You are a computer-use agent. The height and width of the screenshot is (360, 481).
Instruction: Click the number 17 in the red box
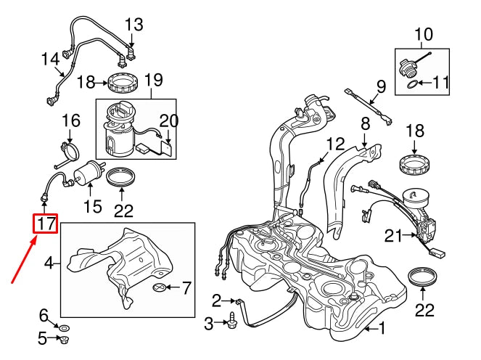pyautogui.click(x=46, y=224)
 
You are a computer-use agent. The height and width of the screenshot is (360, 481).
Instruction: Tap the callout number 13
pyautogui.click(x=134, y=25)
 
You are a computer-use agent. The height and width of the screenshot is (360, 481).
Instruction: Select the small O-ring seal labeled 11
pyautogui.click(x=412, y=83)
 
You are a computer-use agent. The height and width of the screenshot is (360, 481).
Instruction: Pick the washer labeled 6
pyautogui.click(x=63, y=328)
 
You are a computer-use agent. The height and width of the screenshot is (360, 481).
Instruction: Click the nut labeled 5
pyautogui.click(x=64, y=340)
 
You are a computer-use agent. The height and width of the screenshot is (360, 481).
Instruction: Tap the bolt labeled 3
pyautogui.click(x=231, y=320)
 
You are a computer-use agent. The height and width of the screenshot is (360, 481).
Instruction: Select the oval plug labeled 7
pyautogui.click(x=160, y=287)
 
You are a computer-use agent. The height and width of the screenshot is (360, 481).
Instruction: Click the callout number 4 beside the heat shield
pyautogui.click(x=49, y=263)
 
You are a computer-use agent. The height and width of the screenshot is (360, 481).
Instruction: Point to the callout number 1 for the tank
pyautogui.click(x=382, y=328)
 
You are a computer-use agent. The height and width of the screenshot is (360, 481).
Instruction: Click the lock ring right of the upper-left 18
pyautogui.click(x=123, y=82)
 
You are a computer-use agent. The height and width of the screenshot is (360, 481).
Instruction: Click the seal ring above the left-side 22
pyautogui.click(x=121, y=176)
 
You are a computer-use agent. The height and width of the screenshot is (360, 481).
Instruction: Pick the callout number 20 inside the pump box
pyautogui.click(x=169, y=120)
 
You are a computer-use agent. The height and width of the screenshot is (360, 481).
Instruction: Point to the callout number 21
pyautogui.click(x=393, y=237)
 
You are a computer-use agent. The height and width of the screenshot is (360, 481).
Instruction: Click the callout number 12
pyautogui.click(x=336, y=144)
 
